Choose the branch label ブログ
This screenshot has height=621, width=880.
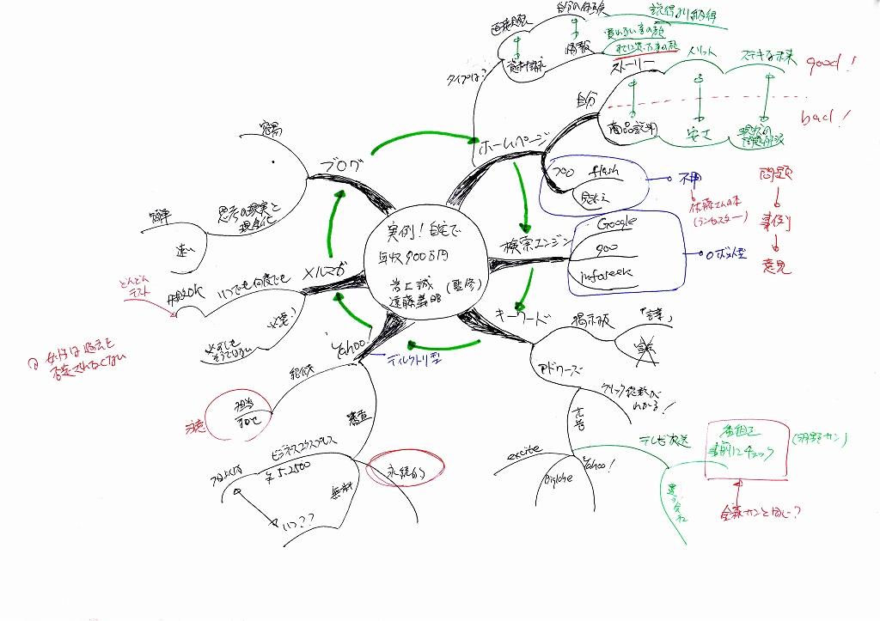point(339,165)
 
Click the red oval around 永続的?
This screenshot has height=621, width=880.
point(405,471)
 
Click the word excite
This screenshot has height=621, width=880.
point(524,450)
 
